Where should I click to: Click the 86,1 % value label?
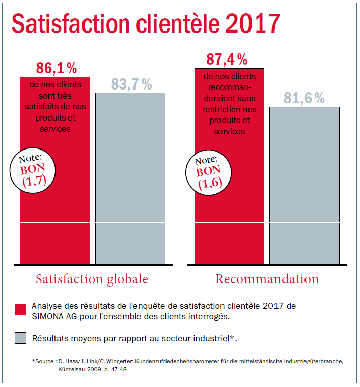[x=57, y=67]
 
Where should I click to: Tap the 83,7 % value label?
[x=131, y=85]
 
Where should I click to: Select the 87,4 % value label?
[x=227, y=59]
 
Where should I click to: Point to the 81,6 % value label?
[x=304, y=99]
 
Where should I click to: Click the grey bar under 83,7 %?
[x=130, y=178]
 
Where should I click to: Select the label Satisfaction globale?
[x=92, y=279]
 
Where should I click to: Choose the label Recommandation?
[x=267, y=279]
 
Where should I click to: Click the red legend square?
[x=20, y=310]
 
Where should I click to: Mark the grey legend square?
[x=20, y=338]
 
